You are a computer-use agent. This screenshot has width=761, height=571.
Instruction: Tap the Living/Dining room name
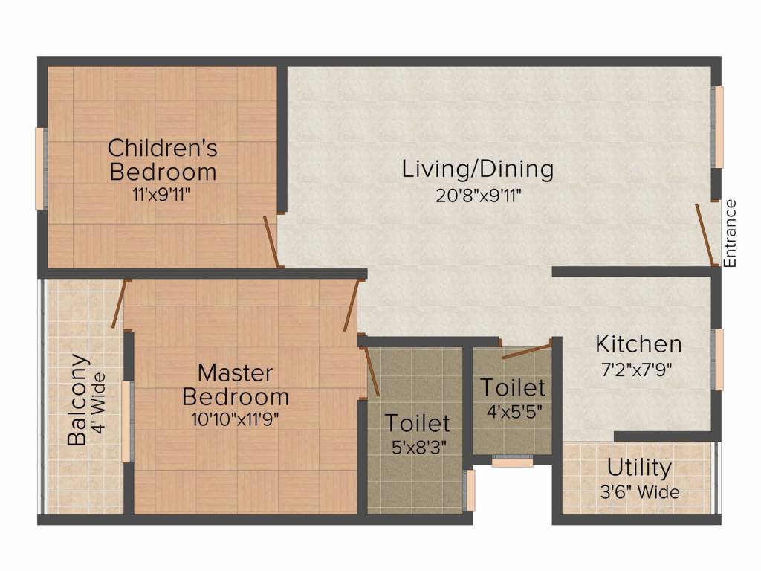[x=478, y=169]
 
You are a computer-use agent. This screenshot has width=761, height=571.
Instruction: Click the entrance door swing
[x=704, y=234]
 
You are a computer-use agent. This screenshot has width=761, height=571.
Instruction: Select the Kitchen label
[x=638, y=344]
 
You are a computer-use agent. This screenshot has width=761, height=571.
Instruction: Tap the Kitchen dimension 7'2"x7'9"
[x=638, y=370]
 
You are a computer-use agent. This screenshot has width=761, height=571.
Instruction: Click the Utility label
[x=639, y=468]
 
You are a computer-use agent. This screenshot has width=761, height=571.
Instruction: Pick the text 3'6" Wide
[x=639, y=492]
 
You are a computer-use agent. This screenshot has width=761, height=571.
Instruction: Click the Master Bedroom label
[x=236, y=384]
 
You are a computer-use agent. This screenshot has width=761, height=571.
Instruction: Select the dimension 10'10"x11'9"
[x=236, y=418]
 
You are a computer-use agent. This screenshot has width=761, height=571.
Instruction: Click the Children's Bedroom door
[x=271, y=242]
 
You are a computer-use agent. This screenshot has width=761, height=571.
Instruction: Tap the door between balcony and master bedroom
[x=119, y=304]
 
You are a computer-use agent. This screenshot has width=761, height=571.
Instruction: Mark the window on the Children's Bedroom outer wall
[x=40, y=169]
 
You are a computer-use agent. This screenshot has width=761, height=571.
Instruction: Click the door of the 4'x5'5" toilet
[x=526, y=351]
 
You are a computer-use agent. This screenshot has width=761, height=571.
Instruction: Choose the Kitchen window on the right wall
[x=718, y=359]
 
